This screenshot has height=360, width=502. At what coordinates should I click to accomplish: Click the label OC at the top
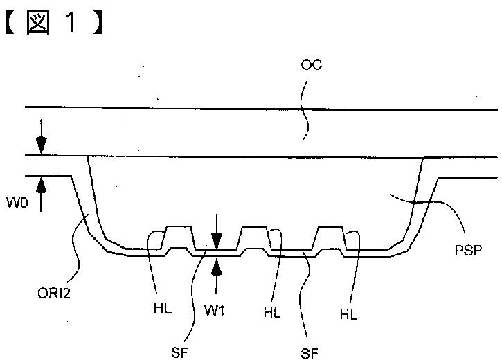[x=311, y=64]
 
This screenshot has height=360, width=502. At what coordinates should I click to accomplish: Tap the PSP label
[x=468, y=250]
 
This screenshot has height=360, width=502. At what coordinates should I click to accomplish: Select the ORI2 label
[x=53, y=293]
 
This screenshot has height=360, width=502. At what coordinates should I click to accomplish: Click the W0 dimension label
[x=17, y=203]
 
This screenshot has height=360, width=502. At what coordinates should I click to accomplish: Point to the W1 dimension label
[x=215, y=309]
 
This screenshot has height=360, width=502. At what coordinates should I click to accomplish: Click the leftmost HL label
[x=163, y=308]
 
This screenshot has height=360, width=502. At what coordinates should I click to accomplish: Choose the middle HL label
[x=272, y=312]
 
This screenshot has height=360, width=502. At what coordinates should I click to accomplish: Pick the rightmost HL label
[x=348, y=314]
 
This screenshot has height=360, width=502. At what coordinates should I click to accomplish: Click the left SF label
[x=179, y=352]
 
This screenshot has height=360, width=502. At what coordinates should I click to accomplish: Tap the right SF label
[x=310, y=353]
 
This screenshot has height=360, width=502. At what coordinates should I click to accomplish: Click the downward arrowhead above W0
[x=42, y=146]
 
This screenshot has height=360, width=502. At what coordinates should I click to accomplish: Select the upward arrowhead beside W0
[x=42, y=185]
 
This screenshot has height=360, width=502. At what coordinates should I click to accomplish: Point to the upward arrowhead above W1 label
[x=217, y=267]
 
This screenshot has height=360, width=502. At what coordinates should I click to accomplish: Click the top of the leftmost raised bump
[x=179, y=227]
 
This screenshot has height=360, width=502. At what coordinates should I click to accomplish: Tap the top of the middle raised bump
[x=255, y=226]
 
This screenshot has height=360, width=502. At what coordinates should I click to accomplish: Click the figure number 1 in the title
[x=71, y=22]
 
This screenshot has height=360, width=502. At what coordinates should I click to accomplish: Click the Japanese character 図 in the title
[x=38, y=22]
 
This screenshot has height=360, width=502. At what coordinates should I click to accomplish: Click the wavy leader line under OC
[x=305, y=110]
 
